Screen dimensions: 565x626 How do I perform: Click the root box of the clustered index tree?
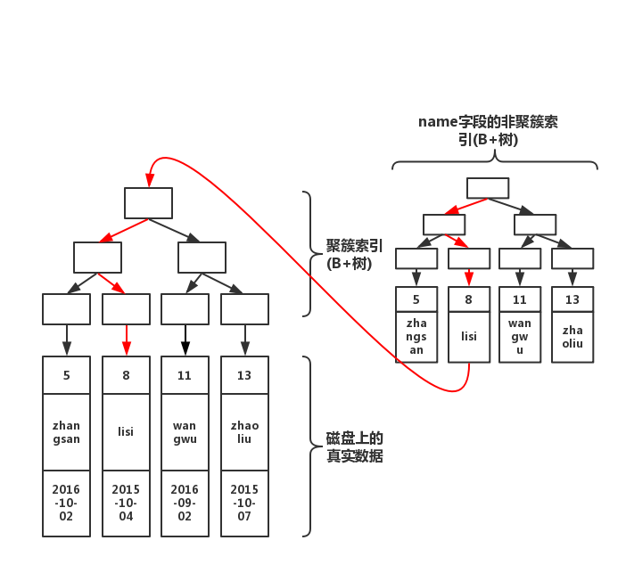148,202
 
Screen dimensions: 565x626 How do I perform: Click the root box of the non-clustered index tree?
487,188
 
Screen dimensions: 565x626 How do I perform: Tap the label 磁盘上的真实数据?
355,447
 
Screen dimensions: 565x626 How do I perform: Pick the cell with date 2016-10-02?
66,503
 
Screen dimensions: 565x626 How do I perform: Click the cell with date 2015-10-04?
126,503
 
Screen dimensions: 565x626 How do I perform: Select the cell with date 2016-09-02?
185,503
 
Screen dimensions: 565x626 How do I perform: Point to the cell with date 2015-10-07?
244,503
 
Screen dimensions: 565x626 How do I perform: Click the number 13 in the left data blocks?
244,375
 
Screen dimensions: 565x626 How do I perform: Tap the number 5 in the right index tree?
416,300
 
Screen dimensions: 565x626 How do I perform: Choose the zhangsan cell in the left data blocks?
66,431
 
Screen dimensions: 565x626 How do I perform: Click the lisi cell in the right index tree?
468,337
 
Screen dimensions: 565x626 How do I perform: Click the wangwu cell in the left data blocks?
185,431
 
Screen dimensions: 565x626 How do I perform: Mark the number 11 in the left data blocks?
185,375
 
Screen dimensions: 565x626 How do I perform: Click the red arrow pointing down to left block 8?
126,340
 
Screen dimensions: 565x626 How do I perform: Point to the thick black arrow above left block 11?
185,340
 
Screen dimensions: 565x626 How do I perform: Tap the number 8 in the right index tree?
468,300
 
